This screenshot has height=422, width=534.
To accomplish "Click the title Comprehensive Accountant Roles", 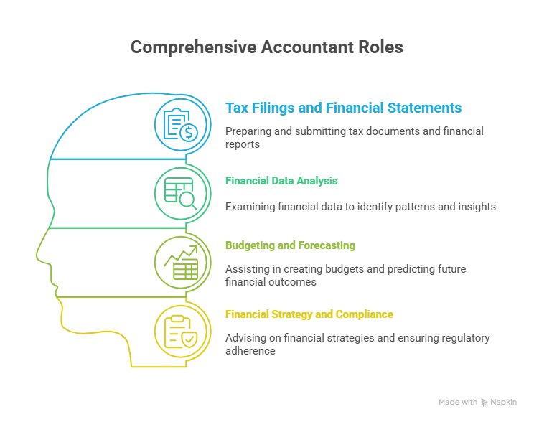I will pyautogui.click(x=266, y=47).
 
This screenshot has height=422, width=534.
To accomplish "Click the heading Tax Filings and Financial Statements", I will pyautogui.click(x=343, y=108).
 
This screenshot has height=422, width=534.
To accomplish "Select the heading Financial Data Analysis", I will pyautogui.click(x=281, y=181).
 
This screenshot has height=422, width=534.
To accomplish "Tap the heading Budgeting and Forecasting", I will pyautogui.click(x=290, y=245).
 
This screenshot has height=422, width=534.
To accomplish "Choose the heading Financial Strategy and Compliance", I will pyautogui.click(x=309, y=314).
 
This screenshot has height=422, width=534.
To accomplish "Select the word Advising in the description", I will pyautogui.click(x=245, y=338).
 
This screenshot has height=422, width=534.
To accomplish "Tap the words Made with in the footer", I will pyautogui.click(x=457, y=403).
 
